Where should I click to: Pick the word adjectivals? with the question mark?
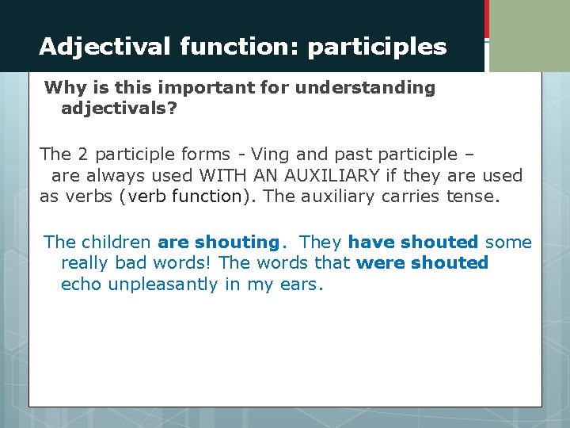119,108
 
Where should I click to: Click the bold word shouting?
237,243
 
